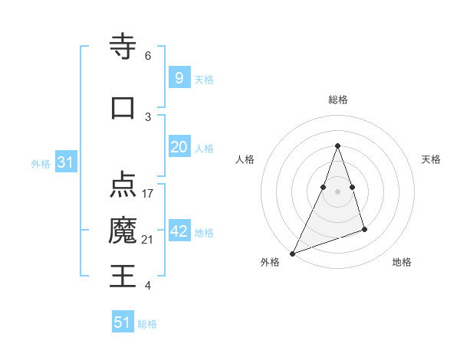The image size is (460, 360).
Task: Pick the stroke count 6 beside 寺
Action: point(148,56)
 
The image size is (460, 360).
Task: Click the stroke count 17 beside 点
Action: point(148,193)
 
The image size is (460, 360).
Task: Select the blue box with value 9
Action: point(179,78)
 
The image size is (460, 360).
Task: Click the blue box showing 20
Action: point(179,147)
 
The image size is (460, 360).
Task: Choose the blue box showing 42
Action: point(179,231)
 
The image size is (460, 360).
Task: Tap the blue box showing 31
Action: point(66,162)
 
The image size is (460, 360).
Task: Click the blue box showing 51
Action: point(123,322)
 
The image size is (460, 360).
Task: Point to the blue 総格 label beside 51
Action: point(147,324)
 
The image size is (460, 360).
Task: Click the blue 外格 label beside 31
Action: point(41,164)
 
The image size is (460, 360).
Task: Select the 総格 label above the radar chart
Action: point(337,100)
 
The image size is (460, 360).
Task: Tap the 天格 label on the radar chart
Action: point(431,159)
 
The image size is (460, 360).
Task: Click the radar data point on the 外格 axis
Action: point(292,253)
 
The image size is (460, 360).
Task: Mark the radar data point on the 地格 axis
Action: point(364,229)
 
